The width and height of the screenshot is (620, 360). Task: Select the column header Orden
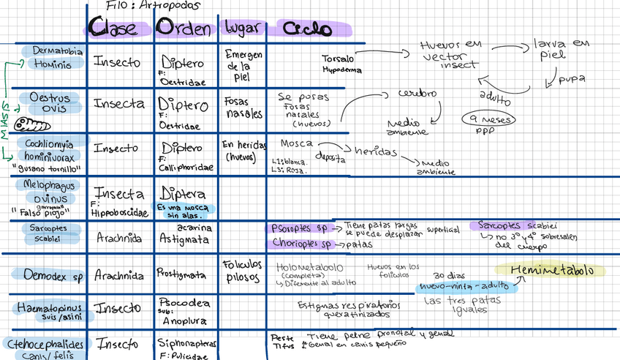[x=185, y=29]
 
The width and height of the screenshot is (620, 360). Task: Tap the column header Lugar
[x=241, y=29]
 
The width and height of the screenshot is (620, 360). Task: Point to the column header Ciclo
[x=295, y=30]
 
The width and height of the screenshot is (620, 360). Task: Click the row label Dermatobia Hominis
[x=56, y=58]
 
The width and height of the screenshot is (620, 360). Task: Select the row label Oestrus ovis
[x=49, y=102]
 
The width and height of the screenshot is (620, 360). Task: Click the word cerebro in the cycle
[x=417, y=94]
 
